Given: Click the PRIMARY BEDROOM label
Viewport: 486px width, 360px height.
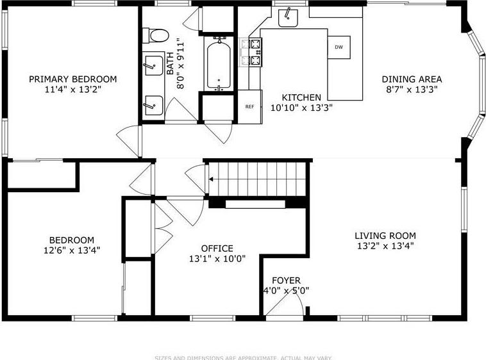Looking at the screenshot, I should pyautogui.click(x=72, y=79).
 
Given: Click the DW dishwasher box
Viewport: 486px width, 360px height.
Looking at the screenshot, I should pyautogui.click(x=338, y=47).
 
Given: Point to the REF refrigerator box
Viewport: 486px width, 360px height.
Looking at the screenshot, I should pyautogui.click(x=250, y=106).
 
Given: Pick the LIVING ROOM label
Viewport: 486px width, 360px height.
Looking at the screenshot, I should pyautogui.click(x=385, y=235).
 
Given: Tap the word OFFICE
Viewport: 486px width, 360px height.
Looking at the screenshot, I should pyautogui.click(x=217, y=249).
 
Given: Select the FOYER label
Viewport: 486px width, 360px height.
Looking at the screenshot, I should pyautogui.click(x=286, y=281).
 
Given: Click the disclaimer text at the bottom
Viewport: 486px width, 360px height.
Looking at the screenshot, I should pyautogui.click(x=242, y=357).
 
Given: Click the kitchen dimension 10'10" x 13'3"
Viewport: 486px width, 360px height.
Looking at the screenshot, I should pyautogui.click(x=301, y=107).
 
